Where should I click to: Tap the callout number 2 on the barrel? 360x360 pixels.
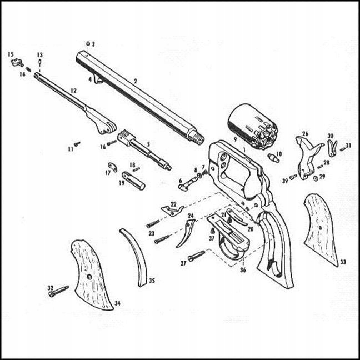pyautogui.click(x=135, y=81)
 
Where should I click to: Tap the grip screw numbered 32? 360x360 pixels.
pyautogui.click(x=60, y=291)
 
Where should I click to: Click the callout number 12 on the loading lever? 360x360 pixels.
pyautogui.click(x=73, y=89)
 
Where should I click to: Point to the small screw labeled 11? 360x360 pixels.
pyautogui.click(x=78, y=143)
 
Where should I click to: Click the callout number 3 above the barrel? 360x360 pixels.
pyautogui.click(x=93, y=43)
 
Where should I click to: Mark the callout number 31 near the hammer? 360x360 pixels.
pyautogui.click(x=348, y=146)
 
